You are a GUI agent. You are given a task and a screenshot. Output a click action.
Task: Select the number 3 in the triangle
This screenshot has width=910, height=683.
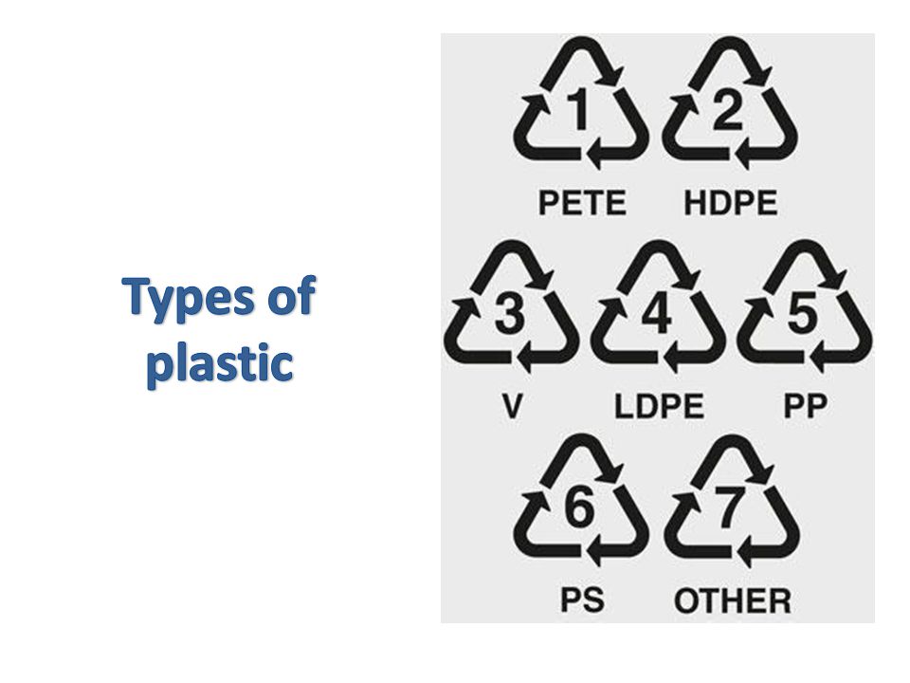point(510,314)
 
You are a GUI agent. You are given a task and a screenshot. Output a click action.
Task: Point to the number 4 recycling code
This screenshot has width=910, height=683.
point(657,314)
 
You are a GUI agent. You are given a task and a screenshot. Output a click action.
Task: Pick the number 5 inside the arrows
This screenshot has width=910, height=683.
point(803,314)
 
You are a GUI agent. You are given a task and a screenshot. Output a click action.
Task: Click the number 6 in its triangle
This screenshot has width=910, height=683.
point(580,508)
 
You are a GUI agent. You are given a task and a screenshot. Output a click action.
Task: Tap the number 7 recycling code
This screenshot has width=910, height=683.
point(729,508)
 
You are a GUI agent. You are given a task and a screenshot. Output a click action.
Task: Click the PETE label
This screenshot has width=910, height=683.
point(582,203)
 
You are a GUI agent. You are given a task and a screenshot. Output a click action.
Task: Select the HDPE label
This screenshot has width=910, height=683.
point(731,203)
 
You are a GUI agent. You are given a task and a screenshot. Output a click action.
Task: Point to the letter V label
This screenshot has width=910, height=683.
point(512,406)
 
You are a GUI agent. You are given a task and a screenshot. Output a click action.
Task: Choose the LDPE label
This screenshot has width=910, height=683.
point(660,406)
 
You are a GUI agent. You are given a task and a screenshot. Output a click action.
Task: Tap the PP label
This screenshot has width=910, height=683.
point(806,406)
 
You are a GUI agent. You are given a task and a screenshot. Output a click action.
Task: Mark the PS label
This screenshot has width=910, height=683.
point(582,600)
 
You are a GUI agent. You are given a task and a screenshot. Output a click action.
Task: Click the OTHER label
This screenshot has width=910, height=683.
point(733,600)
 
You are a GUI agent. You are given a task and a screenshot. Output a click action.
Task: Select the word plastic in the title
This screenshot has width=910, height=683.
point(219,362)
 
